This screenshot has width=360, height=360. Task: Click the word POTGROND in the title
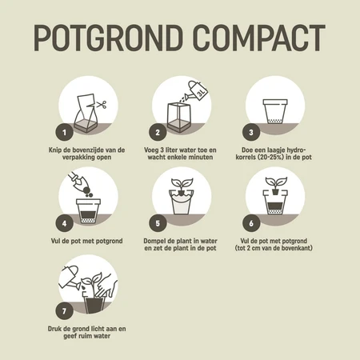tap(106, 38)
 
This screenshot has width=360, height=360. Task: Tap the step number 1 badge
tap(62, 130)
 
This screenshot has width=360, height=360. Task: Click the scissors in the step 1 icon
tap(102, 105)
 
